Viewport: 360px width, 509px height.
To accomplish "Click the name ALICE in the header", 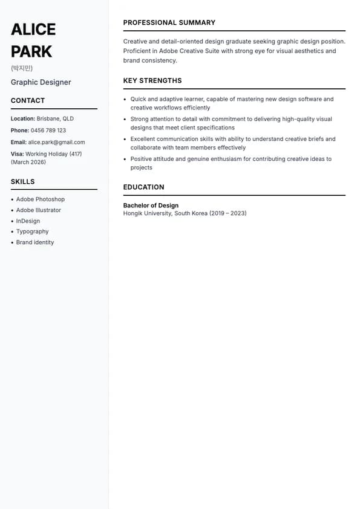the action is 33,29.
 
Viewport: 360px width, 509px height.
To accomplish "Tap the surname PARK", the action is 31,51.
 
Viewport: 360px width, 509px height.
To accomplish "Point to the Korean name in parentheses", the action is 22,68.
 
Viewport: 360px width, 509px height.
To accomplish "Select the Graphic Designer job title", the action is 41,82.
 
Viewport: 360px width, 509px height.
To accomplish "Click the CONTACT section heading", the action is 28,100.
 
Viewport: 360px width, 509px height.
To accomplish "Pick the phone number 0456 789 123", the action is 48,131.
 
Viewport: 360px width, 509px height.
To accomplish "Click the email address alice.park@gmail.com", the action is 56,142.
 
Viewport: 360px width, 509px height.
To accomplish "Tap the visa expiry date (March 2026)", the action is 28,162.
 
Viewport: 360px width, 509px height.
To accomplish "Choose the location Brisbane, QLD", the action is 55,119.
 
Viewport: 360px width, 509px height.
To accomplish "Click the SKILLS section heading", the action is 23,181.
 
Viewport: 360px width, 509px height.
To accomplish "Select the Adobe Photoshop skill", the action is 41,199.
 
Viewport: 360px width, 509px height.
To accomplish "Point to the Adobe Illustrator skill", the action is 39,210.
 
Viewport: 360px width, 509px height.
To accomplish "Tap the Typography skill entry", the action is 33,232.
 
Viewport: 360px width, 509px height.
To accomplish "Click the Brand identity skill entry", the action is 35,242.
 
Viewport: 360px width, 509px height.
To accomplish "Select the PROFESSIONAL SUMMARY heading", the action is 169,23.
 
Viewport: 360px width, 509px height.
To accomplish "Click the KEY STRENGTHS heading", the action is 152,81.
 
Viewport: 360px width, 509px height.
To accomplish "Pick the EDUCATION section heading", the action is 144,187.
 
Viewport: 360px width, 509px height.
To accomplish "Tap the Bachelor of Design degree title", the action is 151,206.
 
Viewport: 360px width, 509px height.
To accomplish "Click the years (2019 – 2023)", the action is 228,213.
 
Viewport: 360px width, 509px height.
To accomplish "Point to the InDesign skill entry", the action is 28,221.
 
